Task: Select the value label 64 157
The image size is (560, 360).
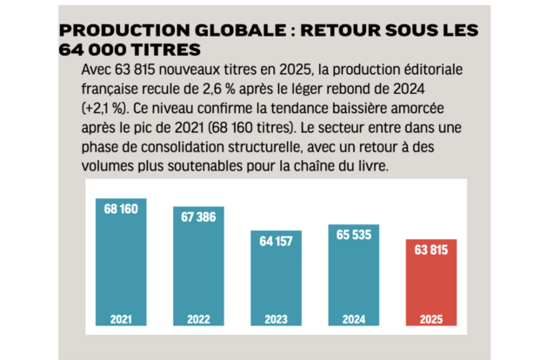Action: click(277, 241)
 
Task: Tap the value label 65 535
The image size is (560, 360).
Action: click(354, 235)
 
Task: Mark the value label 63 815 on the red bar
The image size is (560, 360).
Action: click(431, 250)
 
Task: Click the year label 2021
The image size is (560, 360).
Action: click(121, 319)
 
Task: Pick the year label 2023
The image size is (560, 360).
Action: click(277, 319)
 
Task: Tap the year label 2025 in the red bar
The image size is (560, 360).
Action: click(431, 319)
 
